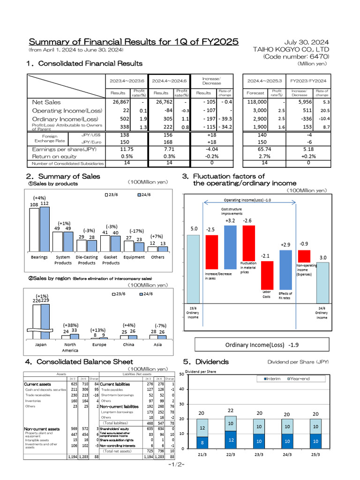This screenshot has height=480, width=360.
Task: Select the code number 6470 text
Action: [x=296, y=57]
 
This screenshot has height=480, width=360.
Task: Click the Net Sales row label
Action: [x=46, y=102]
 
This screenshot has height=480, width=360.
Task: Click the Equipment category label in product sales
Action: [x=134, y=257]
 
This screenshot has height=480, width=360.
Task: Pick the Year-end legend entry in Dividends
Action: [x=300, y=378]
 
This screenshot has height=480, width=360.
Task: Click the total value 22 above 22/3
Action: [x=230, y=411]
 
